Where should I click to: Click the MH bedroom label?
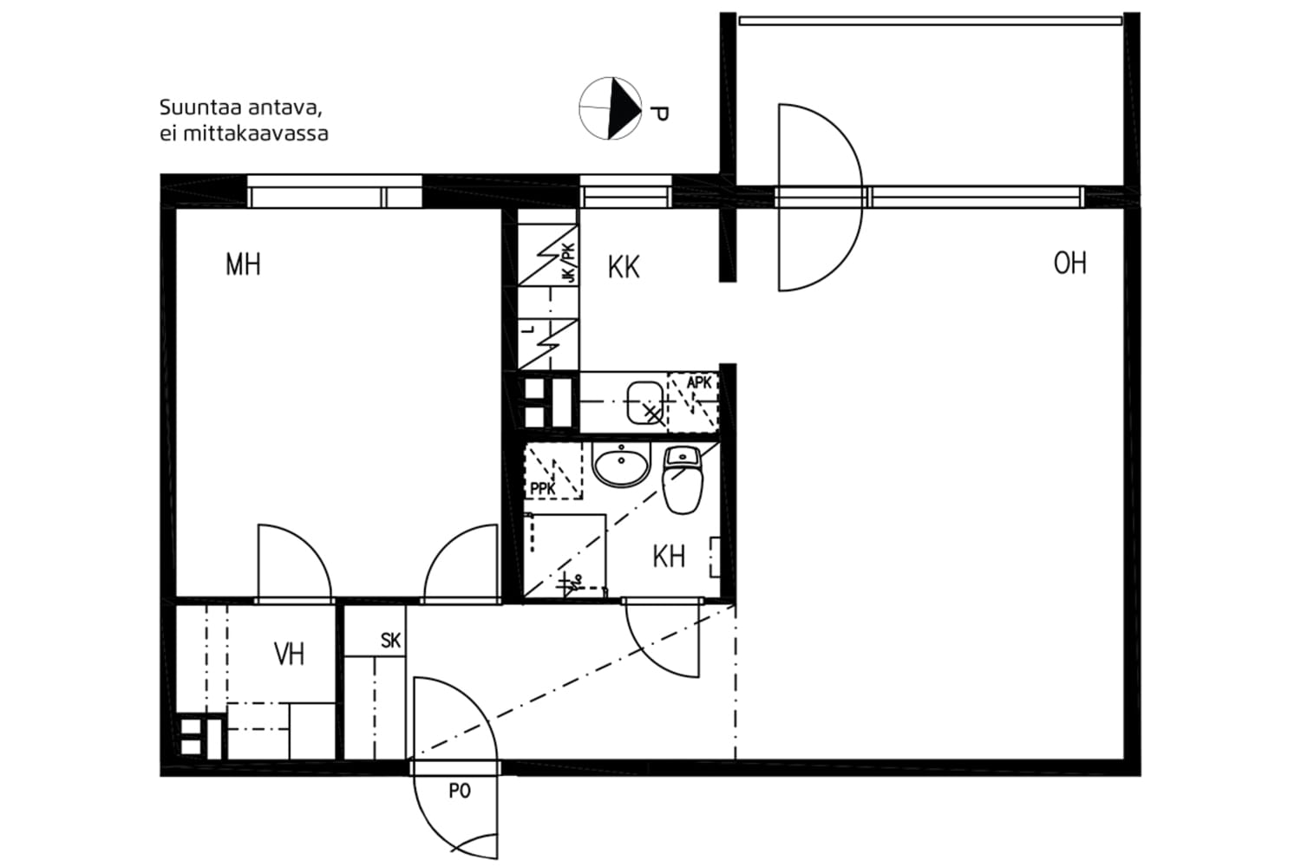243,264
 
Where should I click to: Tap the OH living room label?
1069,263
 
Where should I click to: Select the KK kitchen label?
624,267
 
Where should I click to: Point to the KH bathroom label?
669,557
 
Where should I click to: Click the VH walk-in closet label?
289,654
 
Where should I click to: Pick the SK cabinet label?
390,642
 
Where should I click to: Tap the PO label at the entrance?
460,791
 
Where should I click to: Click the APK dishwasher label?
699,383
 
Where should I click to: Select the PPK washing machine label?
543,489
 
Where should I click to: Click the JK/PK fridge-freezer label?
568,263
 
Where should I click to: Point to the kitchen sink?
644,401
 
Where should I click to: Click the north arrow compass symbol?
610,108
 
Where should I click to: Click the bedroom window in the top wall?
335,192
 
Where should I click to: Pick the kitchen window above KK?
625,192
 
